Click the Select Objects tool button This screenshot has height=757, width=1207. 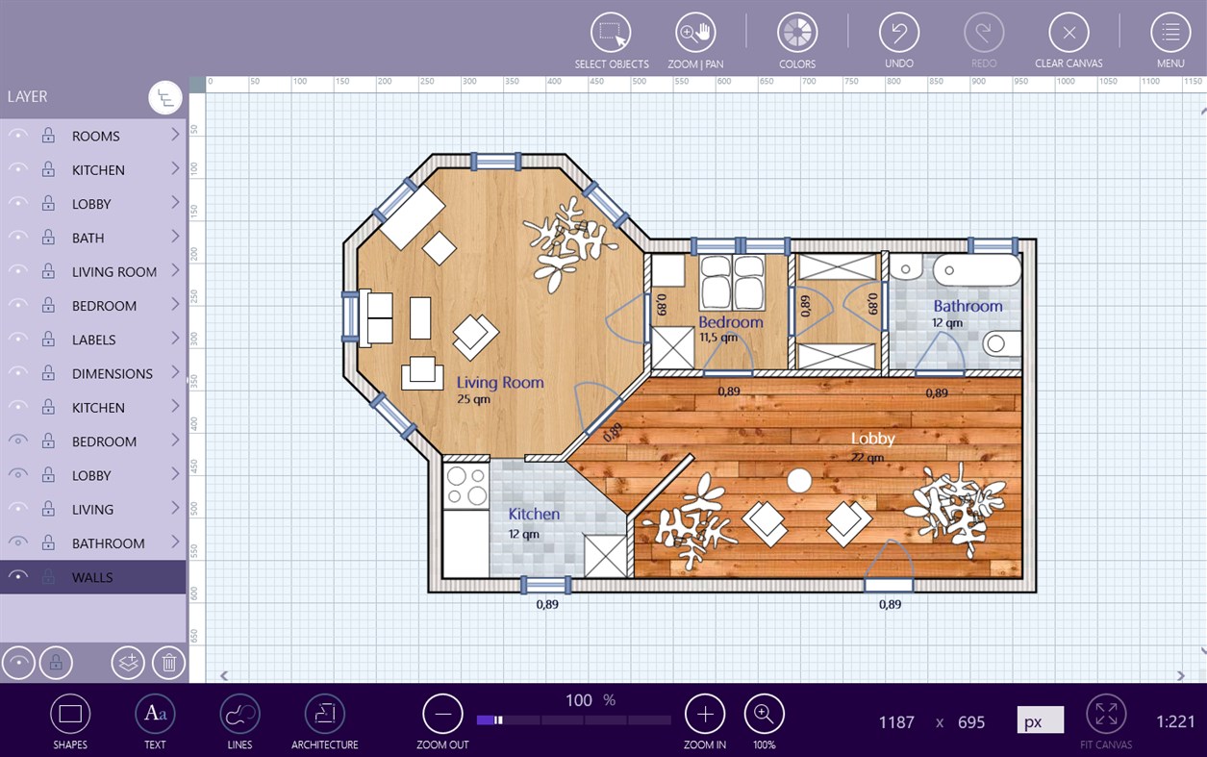pos(611,33)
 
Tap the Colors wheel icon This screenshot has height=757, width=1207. pos(796,33)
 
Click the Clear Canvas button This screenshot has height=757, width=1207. pos(1069,33)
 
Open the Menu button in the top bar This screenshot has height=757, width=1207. pos(1169,33)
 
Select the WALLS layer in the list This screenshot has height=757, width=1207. pos(92,577)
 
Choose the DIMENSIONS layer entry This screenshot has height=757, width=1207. pos(112,373)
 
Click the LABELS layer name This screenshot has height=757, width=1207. pos(93,340)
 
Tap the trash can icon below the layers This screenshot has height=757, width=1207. pos(168,662)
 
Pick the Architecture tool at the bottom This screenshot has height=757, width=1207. pos(324,714)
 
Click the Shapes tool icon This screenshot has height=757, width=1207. pos(69,714)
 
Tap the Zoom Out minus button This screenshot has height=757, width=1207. pos(442,714)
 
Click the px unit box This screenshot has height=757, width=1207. pos(1040,720)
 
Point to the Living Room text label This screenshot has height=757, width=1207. pos(499,382)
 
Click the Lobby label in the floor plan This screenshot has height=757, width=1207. pos(872,439)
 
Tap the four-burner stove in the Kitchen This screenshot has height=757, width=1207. pos(466,486)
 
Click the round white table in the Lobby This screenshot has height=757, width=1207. pos(798,480)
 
